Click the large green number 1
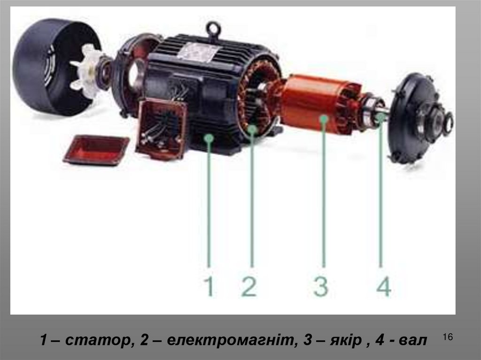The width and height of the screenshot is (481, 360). (x=209, y=286)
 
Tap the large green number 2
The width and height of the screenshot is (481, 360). (x=249, y=286)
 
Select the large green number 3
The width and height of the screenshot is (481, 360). (x=321, y=286)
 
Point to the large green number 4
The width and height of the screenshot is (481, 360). (x=384, y=286)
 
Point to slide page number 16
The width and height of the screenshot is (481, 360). (x=448, y=337)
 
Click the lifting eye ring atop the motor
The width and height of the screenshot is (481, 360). (x=213, y=30)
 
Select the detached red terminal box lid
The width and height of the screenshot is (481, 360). (x=97, y=150)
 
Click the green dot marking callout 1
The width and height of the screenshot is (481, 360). (x=209, y=138)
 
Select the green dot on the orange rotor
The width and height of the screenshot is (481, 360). (x=323, y=119)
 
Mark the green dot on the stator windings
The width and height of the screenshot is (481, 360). (x=252, y=129)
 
